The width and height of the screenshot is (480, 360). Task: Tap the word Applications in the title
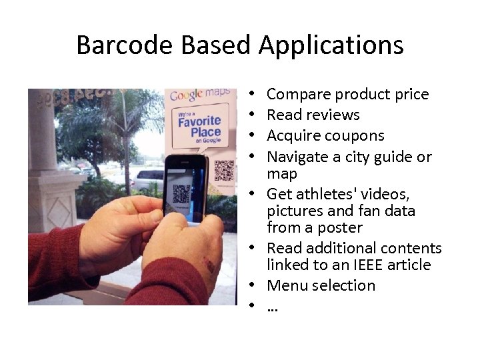tap(331, 45)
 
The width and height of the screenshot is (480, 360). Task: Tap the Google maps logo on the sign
tap(200, 95)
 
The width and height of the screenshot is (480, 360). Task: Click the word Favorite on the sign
tap(199, 121)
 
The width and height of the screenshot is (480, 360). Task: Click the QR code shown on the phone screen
tap(181, 193)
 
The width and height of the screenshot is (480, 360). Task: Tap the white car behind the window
tap(148, 179)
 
